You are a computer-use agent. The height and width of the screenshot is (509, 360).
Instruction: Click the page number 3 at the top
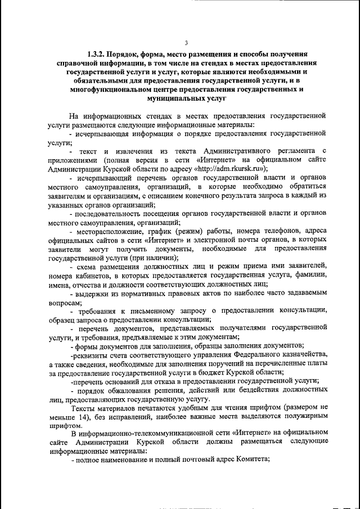(x=186, y=43)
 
